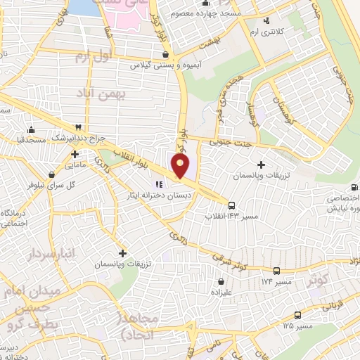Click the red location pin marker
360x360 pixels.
tap(181, 166)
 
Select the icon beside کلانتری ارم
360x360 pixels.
tap(269, 22)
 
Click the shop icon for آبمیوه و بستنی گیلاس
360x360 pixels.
tap(165, 54)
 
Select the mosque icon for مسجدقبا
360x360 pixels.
tap(30, 129)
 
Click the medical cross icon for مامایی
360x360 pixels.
tap(75, 153)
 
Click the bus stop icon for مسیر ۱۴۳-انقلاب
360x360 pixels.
tap(233, 205)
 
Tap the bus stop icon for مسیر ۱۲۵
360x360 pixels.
tap(298, 315)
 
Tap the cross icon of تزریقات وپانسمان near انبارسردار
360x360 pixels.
tap(122, 252)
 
